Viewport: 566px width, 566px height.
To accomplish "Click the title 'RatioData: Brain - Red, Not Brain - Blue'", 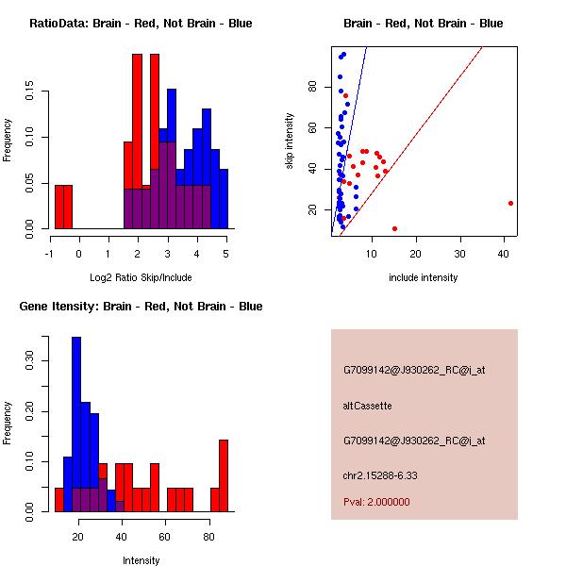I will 141,24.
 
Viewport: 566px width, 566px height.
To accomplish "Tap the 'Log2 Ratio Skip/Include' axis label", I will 140,278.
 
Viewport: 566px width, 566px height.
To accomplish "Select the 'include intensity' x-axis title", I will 424,278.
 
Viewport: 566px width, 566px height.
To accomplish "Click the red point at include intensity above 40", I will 510,203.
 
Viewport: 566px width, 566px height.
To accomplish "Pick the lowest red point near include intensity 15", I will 394,228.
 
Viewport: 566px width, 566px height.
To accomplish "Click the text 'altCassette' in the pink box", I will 367,406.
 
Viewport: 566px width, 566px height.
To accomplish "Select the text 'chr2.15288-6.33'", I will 379,475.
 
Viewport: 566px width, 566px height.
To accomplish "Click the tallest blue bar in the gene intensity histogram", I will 76,424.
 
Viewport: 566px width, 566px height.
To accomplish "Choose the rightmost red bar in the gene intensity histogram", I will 224,475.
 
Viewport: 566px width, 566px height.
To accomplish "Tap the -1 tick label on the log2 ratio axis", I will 49,254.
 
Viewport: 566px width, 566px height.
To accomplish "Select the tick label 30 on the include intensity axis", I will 459,254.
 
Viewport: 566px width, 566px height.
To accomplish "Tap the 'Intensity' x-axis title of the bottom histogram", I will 141,561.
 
